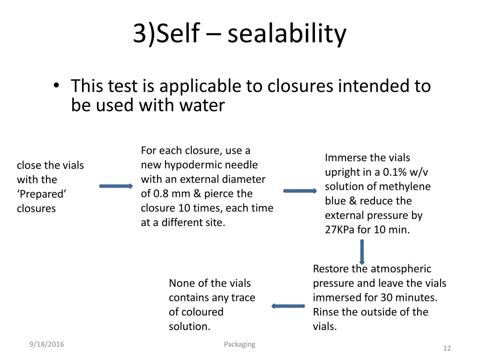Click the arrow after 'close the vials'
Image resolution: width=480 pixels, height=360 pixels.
pyautogui.click(x=116, y=186)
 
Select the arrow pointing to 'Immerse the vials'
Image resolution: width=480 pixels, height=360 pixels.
pyautogui.click(x=300, y=191)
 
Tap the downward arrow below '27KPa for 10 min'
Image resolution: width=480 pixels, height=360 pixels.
pyautogui.click(x=362, y=252)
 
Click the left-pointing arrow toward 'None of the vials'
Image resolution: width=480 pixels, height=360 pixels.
pyautogui.click(x=288, y=306)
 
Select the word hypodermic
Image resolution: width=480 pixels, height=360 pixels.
pyautogui.click(x=193, y=165)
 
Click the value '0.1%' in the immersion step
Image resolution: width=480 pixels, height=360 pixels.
pyautogui.click(x=396, y=172)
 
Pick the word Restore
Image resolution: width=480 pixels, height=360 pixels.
pyautogui.click(x=331, y=269)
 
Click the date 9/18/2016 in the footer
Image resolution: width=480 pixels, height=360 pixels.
pyautogui.click(x=46, y=345)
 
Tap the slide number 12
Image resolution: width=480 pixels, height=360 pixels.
pyautogui.click(x=447, y=348)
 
